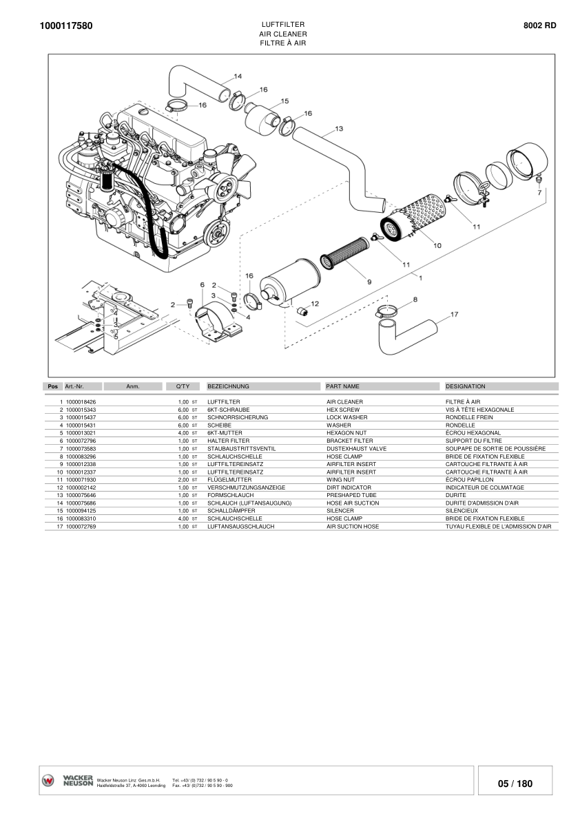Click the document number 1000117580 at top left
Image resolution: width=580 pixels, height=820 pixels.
click(x=66, y=26)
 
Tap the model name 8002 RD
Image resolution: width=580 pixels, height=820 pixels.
click(x=540, y=25)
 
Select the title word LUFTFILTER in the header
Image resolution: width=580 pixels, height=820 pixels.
click(x=282, y=24)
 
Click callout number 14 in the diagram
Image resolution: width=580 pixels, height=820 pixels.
click(x=237, y=76)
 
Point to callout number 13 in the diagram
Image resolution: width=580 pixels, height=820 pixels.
click(x=339, y=128)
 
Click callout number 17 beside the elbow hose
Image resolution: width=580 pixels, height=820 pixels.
click(x=454, y=314)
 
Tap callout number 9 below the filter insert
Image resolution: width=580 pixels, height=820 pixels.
click(x=369, y=282)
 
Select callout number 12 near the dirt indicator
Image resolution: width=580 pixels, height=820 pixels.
click(x=315, y=303)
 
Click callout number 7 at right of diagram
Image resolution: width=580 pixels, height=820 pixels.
click(x=539, y=193)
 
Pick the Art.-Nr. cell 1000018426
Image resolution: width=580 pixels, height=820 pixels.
click(x=81, y=401)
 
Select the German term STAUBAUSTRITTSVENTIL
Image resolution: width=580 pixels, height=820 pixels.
click(x=241, y=448)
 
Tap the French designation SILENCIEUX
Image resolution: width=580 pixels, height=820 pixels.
click(x=462, y=511)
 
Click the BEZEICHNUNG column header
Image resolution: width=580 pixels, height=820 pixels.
click(x=228, y=386)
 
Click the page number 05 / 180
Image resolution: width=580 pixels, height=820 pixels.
click(x=515, y=784)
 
